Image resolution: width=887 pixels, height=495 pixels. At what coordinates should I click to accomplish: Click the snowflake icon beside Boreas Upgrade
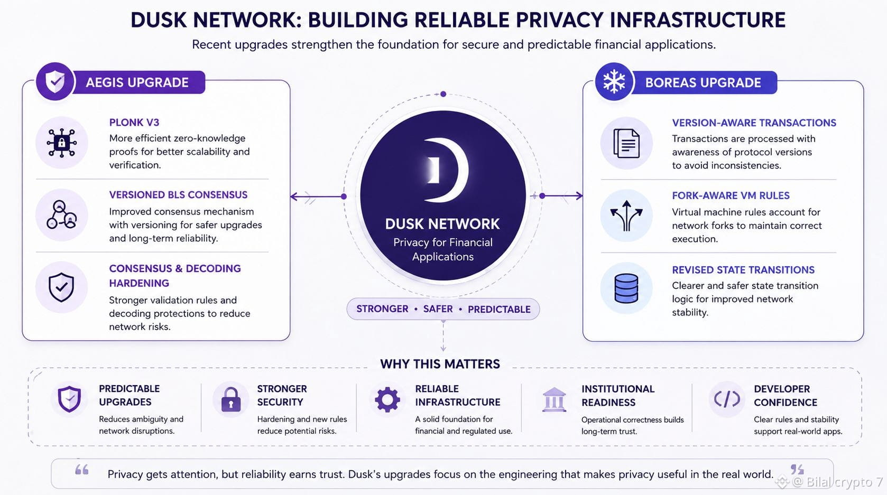pyautogui.click(x=614, y=82)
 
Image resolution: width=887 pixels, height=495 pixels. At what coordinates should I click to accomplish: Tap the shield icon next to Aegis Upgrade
pyautogui.click(x=55, y=81)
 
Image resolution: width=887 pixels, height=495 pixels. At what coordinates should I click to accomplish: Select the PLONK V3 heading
pyautogui.click(x=134, y=122)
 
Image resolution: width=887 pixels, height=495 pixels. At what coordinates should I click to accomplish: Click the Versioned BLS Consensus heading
pyautogui.click(x=178, y=195)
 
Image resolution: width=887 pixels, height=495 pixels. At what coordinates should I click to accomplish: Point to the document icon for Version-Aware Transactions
pyautogui.click(x=626, y=143)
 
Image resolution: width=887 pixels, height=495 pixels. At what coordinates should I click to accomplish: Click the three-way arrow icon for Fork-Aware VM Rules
pyautogui.click(x=626, y=216)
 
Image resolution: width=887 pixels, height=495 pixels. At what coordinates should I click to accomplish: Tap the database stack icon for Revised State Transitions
pyautogui.click(x=626, y=288)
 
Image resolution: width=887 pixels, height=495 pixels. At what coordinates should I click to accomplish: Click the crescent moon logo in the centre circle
pyautogui.click(x=446, y=170)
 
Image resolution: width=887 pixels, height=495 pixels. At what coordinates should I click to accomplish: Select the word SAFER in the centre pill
pyautogui.click(x=438, y=309)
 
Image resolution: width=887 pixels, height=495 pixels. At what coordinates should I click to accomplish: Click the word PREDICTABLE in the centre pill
pyautogui.click(x=499, y=309)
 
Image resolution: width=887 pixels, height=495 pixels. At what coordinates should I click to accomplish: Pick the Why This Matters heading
pyautogui.click(x=440, y=364)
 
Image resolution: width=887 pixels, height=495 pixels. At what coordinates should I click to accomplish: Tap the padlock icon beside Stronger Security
pyautogui.click(x=231, y=399)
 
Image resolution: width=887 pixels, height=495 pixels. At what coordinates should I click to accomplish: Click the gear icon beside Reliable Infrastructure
pyautogui.click(x=387, y=399)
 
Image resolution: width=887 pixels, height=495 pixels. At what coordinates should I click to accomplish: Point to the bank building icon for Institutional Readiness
pyautogui.click(x=554, y=399)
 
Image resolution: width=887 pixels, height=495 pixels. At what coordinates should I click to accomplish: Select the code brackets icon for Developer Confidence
pyautogui.click(x=727, y=399)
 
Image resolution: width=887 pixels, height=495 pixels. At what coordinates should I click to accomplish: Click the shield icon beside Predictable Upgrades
pyautogui.click(x=69, y=399)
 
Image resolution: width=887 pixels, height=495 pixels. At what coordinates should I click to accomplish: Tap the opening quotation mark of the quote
pyautogui.click(x=82, y=470)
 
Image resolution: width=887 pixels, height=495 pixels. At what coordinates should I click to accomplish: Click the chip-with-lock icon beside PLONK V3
pyautogui.click(x=61, y=143)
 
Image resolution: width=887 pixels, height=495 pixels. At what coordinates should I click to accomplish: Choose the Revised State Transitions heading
pyautogui.click(x=743, y=270)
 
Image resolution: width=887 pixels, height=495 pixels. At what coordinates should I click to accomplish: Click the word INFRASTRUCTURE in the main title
pyautogui.click(x=698, y=20)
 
